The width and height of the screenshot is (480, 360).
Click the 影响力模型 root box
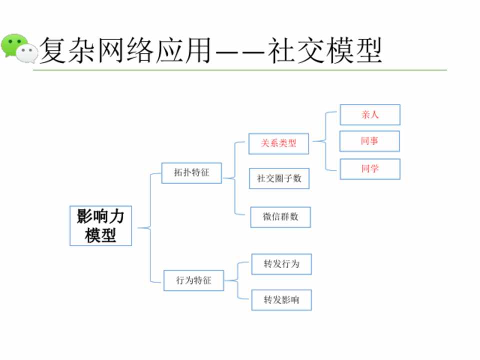[100, 225]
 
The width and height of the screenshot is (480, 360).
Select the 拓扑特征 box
[191, 173]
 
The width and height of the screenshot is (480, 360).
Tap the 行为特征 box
[193, 280]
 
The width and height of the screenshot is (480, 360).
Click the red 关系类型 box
[278, 143]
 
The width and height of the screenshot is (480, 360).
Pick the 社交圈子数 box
[279, 178]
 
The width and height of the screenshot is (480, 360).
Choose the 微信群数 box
[280, 217]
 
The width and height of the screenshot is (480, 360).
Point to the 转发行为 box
[281, 264]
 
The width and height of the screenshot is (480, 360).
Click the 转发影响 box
[281, 300]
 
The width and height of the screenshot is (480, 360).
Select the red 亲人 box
[370, 114]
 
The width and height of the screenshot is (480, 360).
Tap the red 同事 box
[369, 141]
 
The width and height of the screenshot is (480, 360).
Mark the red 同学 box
[370, 169]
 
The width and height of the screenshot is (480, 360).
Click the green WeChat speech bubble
[12, 44]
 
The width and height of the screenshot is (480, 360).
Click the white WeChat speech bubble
[28, 53]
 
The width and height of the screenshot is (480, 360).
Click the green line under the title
[240, 70]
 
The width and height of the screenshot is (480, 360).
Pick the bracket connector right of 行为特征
[237, 280]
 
